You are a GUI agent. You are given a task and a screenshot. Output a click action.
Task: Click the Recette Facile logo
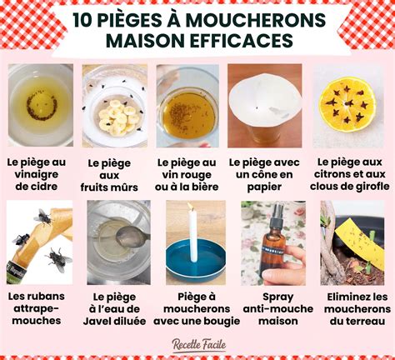tap(198, 341)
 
